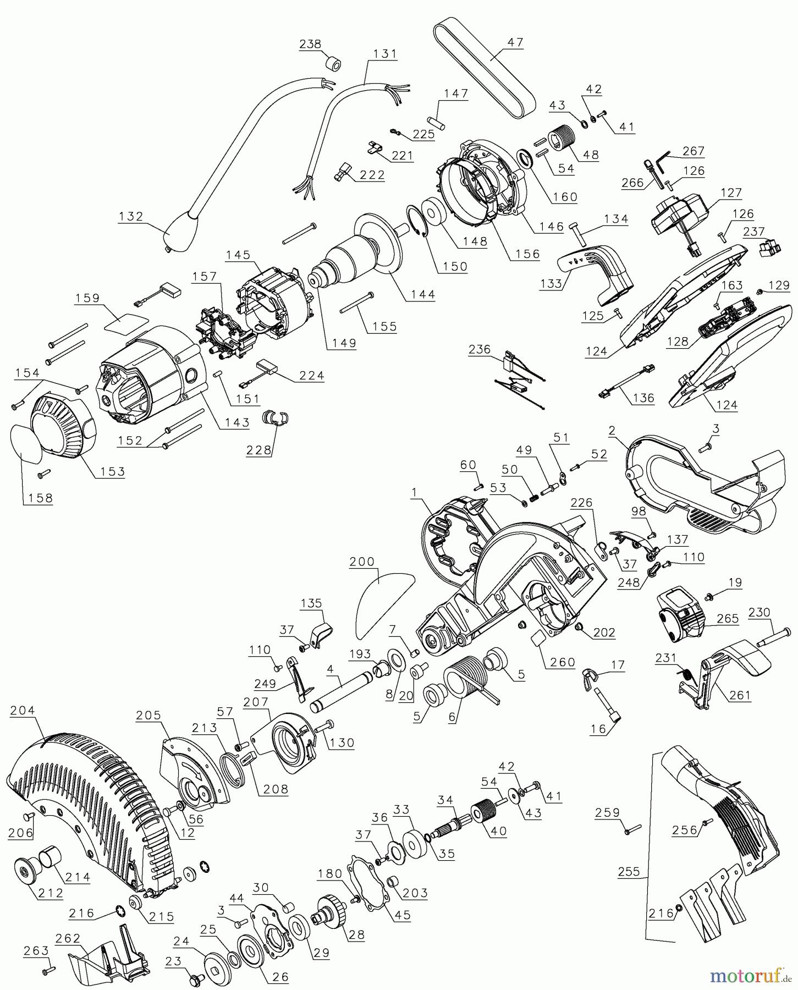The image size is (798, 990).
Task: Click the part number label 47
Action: point(515,42)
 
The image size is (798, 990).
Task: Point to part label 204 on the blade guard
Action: point(22,710)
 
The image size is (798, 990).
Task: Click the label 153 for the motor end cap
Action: point(112,471)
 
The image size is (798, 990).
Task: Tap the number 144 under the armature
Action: point(422,294)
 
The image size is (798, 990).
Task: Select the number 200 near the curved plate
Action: point(362,562)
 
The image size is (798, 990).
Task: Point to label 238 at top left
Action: point(310,44)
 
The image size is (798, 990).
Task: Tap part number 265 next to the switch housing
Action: point(728,618)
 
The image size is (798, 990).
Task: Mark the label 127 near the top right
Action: point(731,193)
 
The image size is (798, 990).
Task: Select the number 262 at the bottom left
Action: point(68,938)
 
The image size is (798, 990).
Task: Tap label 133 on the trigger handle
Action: point(551,283)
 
